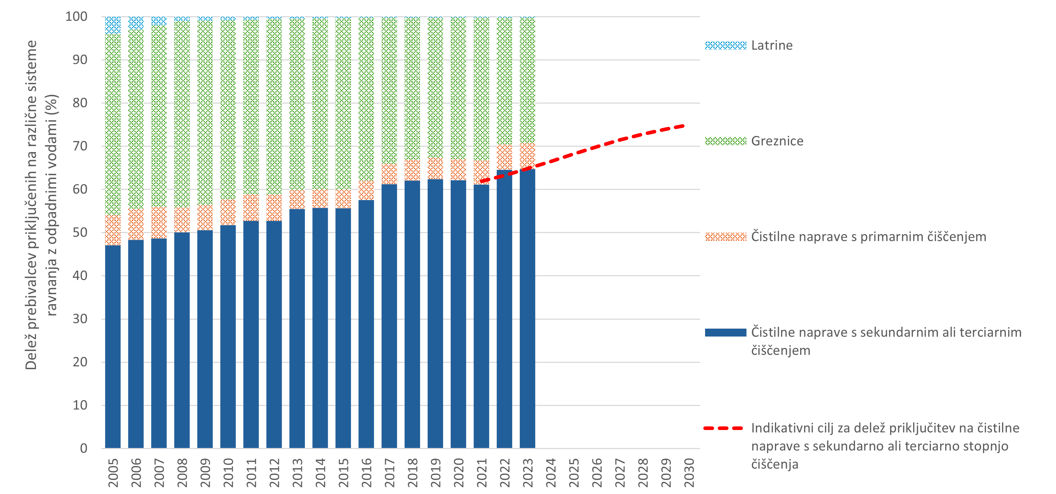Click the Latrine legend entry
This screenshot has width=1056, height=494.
coord(772,45)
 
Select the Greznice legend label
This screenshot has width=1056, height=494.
coord(777,141)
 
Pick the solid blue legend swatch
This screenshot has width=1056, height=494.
coord(726,333)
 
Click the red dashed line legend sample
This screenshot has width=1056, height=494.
coord(723,429)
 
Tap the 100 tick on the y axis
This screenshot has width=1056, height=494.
coord(77,17)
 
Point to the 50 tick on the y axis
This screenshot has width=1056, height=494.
coord(80,233)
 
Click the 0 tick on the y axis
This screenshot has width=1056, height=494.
coord(84,448)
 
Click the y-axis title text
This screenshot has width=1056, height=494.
coord(41,205)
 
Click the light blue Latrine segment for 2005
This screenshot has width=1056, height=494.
coord(113,26)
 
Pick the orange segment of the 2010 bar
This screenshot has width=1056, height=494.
coord(228,212)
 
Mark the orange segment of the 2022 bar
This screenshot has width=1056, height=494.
coord(504,157)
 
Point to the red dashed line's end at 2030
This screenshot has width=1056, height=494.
coord(684,126)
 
